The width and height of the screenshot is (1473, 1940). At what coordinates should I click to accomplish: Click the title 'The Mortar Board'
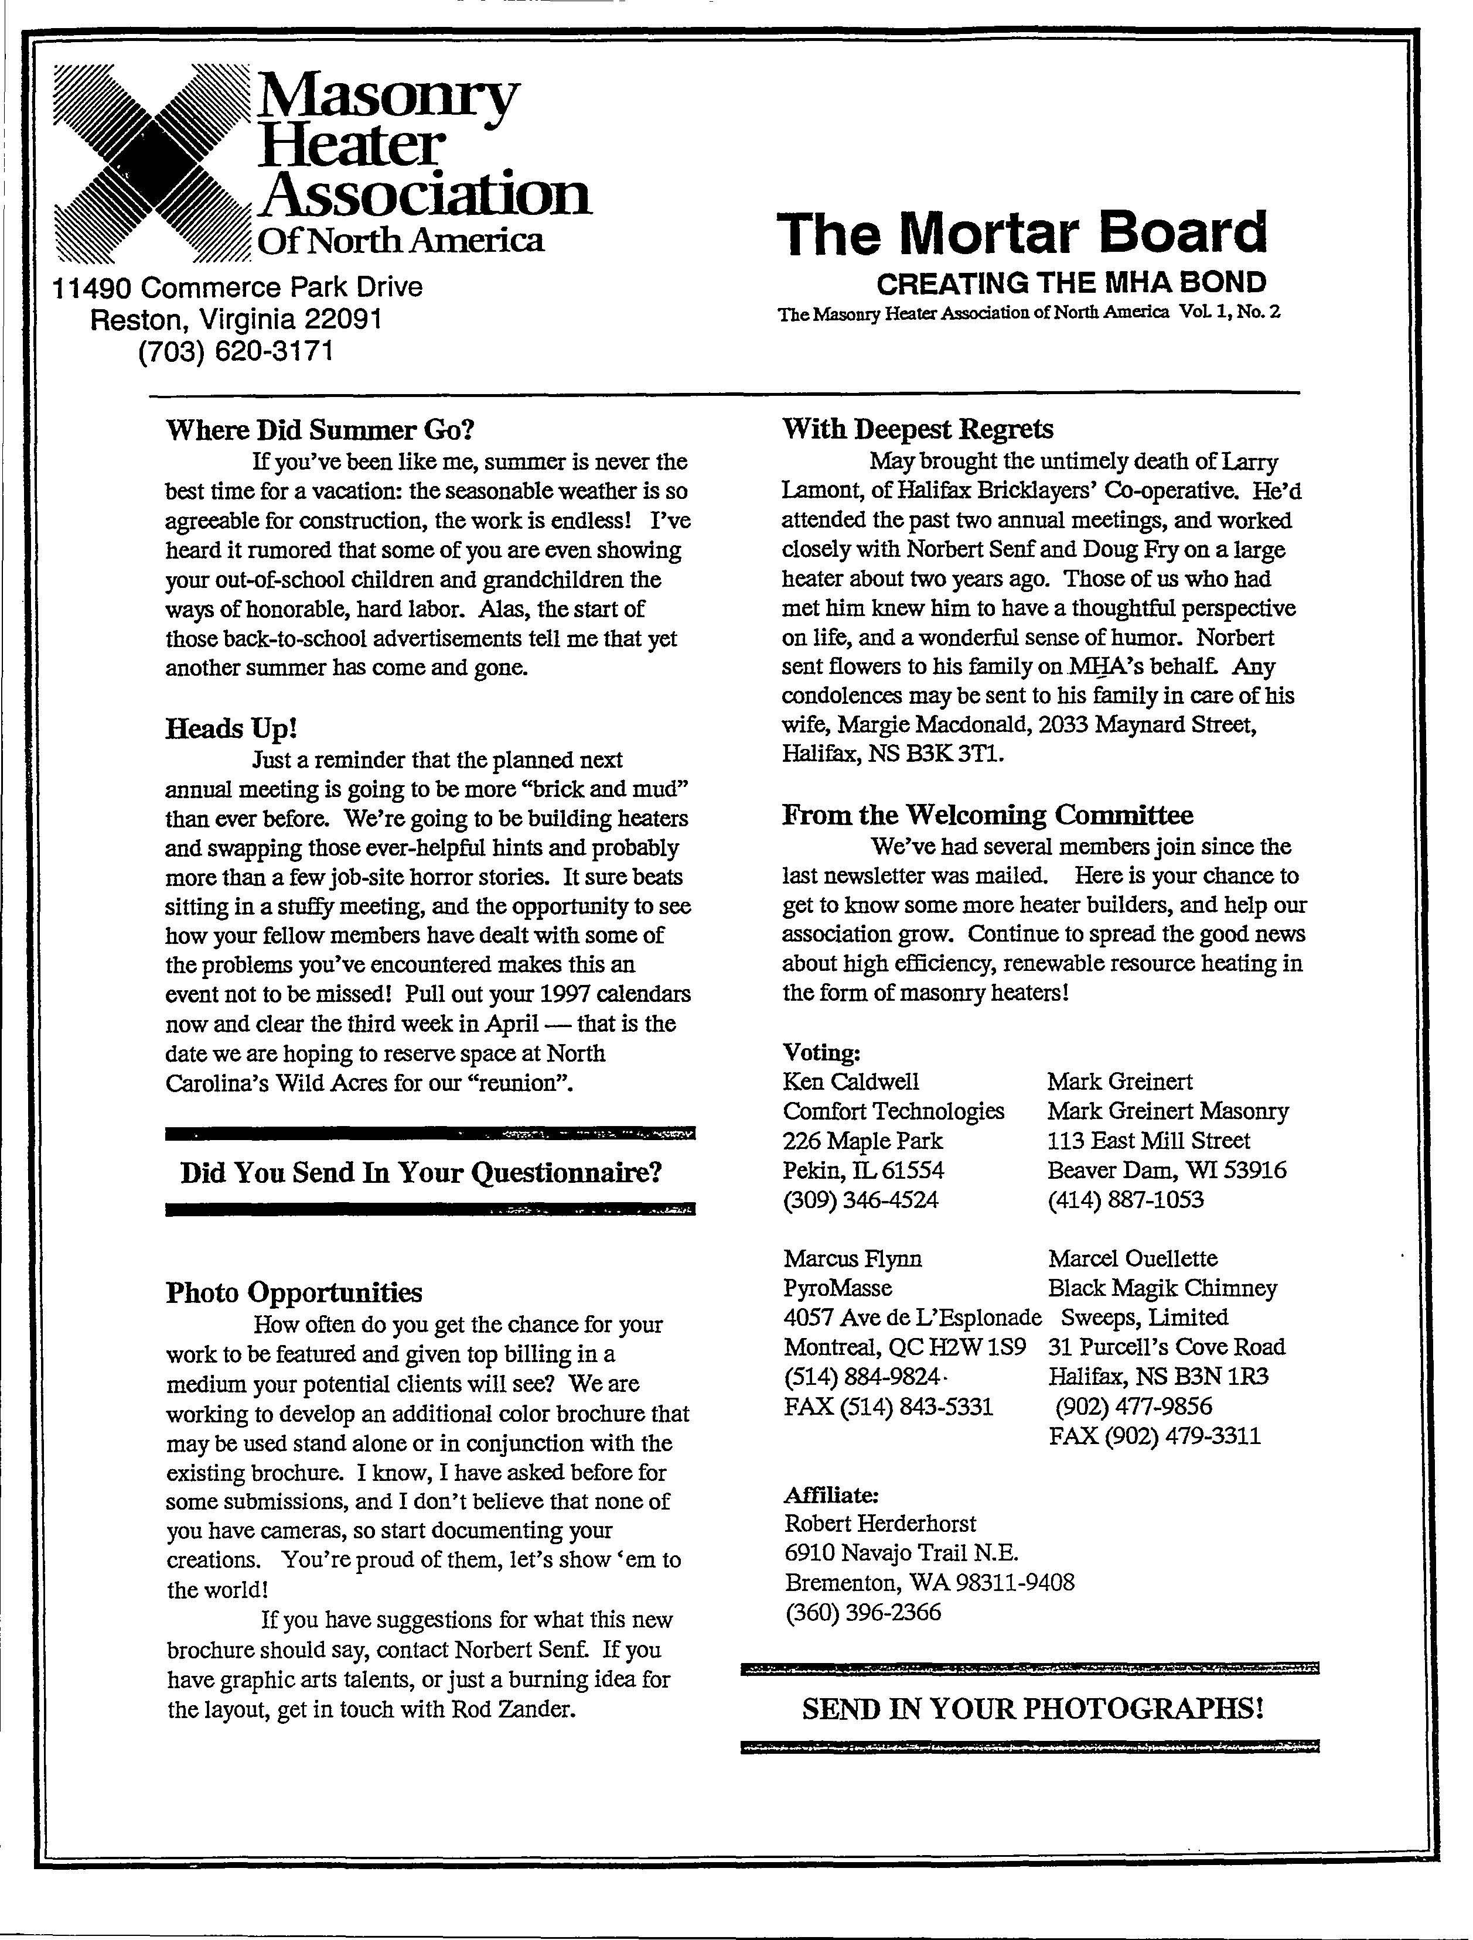coord(1021,233)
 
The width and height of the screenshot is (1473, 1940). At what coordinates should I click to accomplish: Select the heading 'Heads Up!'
coord(231,728)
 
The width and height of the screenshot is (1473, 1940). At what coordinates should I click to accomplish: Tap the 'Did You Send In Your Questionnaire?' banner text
coord(421,1172)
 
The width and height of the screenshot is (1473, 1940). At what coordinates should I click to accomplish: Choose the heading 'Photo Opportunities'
coord(294,1292)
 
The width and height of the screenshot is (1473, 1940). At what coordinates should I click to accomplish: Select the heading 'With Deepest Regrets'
coord(918,429)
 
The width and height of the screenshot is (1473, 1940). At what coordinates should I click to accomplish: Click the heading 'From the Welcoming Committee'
coord(987,815)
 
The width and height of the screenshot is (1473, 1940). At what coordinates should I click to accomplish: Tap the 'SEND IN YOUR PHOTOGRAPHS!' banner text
coord(1032,1709)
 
